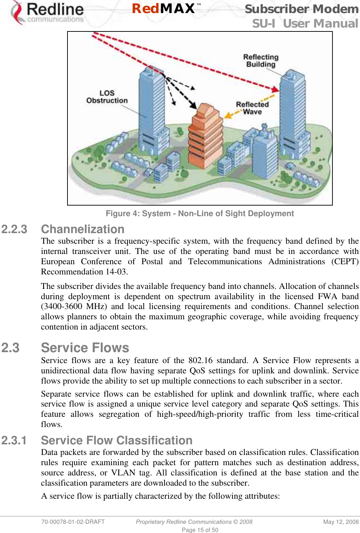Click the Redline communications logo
[48, 13]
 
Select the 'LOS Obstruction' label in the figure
[107, 97]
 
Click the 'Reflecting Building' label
[261, 61]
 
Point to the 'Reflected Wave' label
[252, 108]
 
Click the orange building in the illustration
[206, 134]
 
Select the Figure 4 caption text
[200, 213]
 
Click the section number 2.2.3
[14, 229]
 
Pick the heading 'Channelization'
[83, 229]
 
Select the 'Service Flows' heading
[85, 348]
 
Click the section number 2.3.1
[14, 440]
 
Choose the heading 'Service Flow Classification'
[117, 440]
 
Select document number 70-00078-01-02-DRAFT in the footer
[73, 522]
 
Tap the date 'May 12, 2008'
[341, 522]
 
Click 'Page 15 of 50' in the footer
[200, 530]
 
